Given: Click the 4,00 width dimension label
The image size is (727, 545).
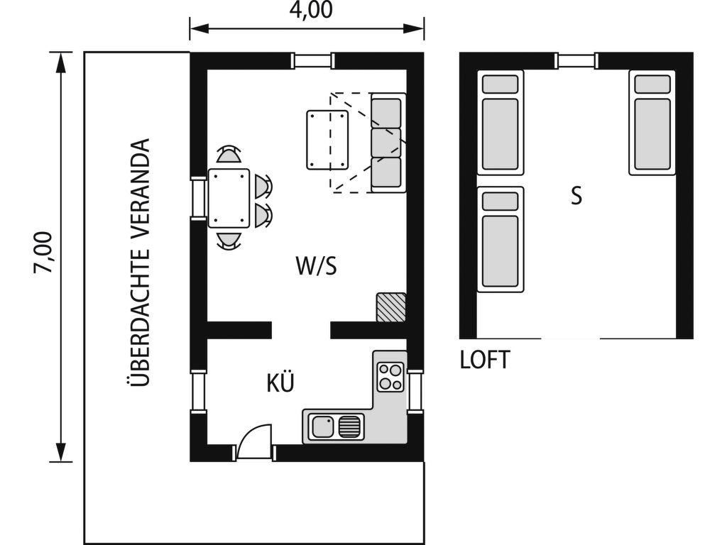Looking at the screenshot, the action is click(x=311, y=10).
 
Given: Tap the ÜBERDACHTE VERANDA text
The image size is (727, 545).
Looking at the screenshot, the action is click(x=138, y=263).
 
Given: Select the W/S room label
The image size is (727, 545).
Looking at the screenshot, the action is click(x=316, y=266).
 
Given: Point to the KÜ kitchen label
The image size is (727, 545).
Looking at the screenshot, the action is click(x=280, y=382).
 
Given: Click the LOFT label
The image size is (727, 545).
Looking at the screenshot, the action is click(x=485, y=360).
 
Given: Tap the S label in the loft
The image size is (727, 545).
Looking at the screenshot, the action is click(x=576, y=196).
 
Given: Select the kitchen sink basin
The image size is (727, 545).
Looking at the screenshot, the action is click(x=323, y=426).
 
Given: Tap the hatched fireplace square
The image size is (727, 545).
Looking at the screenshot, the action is click(x=391, y=307).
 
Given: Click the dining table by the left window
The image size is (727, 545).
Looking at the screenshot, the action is click(x=229, y=199).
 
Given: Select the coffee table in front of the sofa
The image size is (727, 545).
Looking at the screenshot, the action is click(x=327, y=140).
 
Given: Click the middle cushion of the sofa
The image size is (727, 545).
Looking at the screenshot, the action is click(x=387, y=143).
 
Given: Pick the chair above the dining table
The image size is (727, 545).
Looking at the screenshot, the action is click(x=229, y=154).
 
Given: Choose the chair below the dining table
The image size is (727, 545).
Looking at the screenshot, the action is click(x=229, y=241).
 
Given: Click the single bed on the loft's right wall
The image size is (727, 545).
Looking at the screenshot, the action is click(x=652, y=123).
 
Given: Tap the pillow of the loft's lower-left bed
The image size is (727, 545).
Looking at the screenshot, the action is click(x=501, y=202).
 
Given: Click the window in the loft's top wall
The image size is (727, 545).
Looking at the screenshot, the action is click(x=576, y=61).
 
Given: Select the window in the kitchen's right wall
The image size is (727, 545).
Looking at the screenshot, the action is click(x=415, y=390).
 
